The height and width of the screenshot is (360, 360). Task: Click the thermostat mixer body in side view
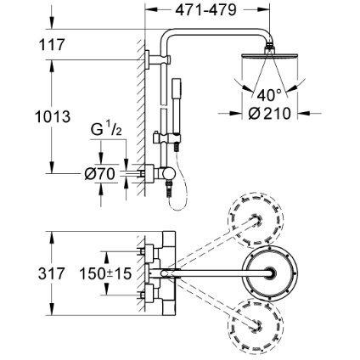coord(155,173)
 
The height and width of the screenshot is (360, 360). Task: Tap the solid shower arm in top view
coord(212,272)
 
